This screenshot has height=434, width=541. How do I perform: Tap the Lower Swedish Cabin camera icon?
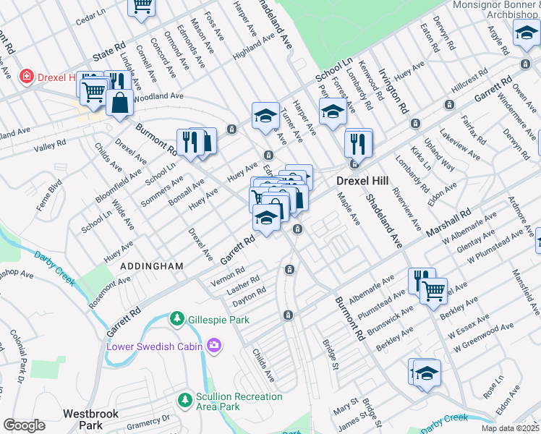tap(213, 346)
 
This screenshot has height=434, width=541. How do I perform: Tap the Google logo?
tap(24, 425)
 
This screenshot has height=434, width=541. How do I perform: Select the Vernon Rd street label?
tap(229, 276)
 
